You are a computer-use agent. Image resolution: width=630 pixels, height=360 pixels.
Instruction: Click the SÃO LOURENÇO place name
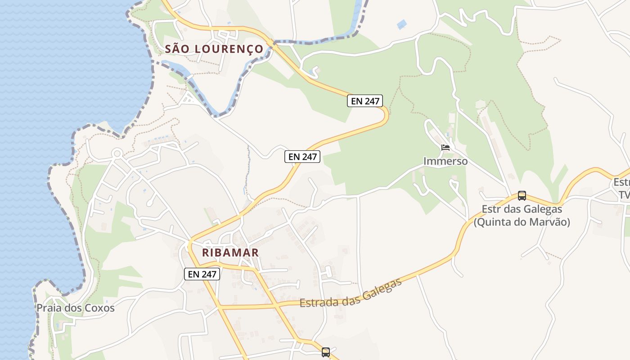[214, 49]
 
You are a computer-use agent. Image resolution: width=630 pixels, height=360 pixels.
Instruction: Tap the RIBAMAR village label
[230, 252]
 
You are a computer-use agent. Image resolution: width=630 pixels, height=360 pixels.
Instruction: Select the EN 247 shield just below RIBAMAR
[202, 274]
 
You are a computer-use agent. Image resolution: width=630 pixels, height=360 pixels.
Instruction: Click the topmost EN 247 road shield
[365, 101]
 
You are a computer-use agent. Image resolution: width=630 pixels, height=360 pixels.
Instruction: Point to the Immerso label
[445, 161]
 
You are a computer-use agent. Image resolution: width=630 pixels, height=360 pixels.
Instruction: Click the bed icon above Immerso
[445, 148]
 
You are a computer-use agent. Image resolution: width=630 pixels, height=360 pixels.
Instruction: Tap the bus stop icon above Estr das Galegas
[522, 196]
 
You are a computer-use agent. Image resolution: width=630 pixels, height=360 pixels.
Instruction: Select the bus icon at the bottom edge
[326, 352]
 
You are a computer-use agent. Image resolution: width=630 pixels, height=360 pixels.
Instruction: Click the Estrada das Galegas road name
[351, 294]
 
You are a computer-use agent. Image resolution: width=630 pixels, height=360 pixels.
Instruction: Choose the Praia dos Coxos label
[76, 308]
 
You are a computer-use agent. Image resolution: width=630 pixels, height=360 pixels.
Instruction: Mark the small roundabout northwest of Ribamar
[117, 153]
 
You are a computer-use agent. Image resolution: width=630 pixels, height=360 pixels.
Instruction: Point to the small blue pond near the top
[402, 24]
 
